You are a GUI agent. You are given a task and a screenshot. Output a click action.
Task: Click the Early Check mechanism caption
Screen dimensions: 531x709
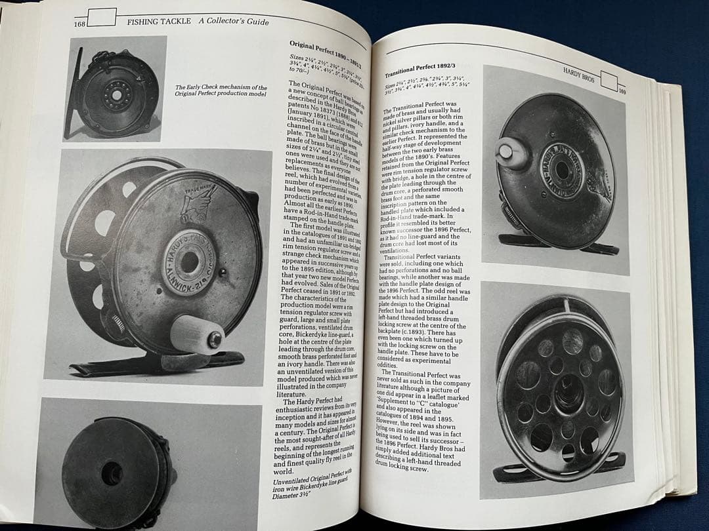pos(221,90)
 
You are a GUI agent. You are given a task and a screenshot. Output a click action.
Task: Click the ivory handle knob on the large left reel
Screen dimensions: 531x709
pos(197,334)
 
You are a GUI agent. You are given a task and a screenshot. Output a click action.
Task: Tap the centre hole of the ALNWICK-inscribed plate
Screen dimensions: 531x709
pos(189,261)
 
